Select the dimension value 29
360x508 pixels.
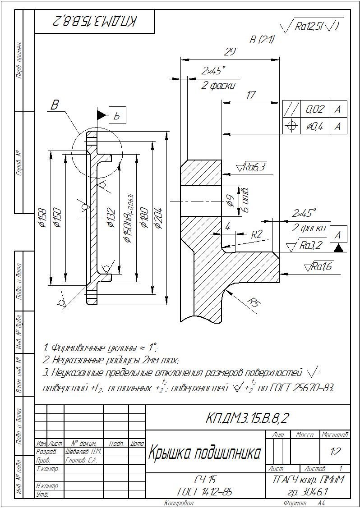tap(230, 52)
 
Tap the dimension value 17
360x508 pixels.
tap(251, 95)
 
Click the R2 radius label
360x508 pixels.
tap(256, 234)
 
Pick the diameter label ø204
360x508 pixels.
tap(159, 216)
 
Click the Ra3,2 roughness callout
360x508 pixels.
tap(306, 246)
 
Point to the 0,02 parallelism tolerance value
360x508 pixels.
tap(314, 109)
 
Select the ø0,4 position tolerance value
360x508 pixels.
tap(314, 126)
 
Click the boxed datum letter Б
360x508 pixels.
tap(117, 116)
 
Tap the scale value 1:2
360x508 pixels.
tap(335, 451)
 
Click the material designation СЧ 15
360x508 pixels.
tap(205, 479)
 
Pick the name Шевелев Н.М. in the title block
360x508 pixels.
tap(84, 451)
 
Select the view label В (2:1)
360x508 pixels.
tap(262, 40)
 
